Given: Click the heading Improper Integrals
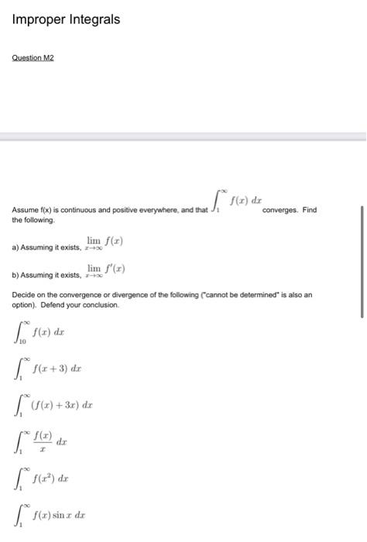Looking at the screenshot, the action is pyautogui.click(x=67, y=19).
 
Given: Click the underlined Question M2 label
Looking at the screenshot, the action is pyautogui.click(x=33, y=57).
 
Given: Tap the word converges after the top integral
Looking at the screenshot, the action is pyautogui.click(x=283, y=210).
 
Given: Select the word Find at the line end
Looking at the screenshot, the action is pyautogui.click(x=309, y=210).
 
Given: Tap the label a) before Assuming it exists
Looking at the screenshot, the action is pyautogui.click(x=15, y=247).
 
